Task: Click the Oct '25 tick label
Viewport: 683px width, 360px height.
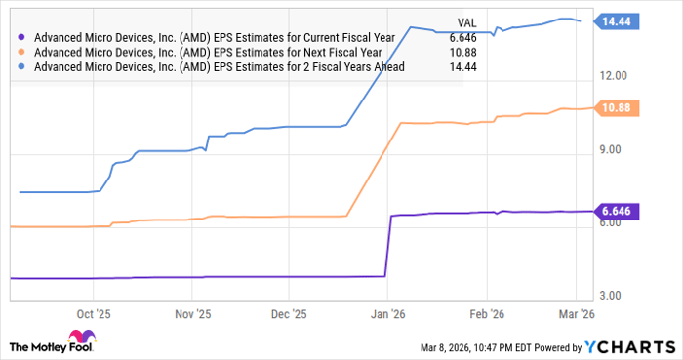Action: [95, 315]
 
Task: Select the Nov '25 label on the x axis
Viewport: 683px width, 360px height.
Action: [192, 315]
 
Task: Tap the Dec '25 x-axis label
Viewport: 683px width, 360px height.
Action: [288, 315]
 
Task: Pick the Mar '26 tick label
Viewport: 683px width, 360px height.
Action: [576, 315]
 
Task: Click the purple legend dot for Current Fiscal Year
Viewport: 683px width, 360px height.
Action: [23, 38]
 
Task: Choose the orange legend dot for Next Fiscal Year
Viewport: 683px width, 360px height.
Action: [23, 53]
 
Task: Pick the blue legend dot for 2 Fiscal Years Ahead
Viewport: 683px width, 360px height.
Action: [23, 67]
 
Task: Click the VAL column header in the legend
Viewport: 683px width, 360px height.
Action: [467, 20]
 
